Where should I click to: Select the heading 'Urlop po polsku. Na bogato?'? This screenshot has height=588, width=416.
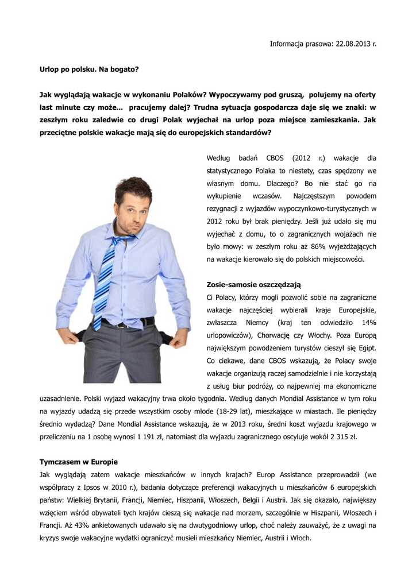(89, 69)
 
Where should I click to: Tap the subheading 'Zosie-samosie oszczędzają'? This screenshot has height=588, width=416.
(253, 285)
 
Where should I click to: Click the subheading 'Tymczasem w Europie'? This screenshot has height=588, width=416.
(78, 462)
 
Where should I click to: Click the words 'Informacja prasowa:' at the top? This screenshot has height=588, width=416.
(298, 44)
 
